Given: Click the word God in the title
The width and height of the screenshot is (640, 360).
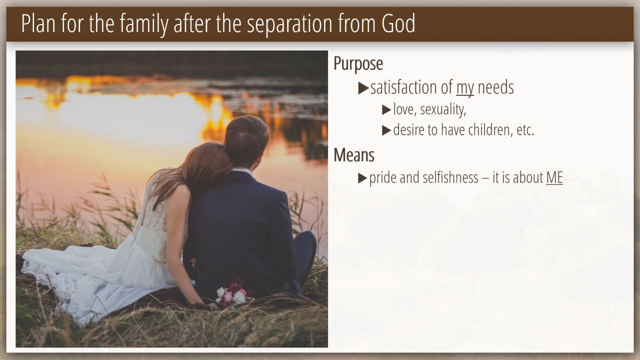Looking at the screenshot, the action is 398,23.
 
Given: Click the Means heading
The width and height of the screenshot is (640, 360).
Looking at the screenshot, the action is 354,155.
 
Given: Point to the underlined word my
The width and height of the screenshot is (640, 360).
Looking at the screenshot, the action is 465,88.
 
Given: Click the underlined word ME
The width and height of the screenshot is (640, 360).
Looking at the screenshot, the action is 554,177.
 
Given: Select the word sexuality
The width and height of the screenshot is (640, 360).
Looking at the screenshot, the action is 443,109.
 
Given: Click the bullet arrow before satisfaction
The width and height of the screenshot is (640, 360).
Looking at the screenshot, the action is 363,88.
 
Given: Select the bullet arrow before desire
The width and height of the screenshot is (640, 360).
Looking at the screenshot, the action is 386,130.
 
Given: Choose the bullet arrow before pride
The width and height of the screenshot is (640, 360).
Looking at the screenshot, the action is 362,178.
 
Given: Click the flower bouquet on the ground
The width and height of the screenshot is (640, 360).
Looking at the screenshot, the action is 233,292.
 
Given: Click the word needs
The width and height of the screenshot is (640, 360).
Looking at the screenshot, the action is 495,87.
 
